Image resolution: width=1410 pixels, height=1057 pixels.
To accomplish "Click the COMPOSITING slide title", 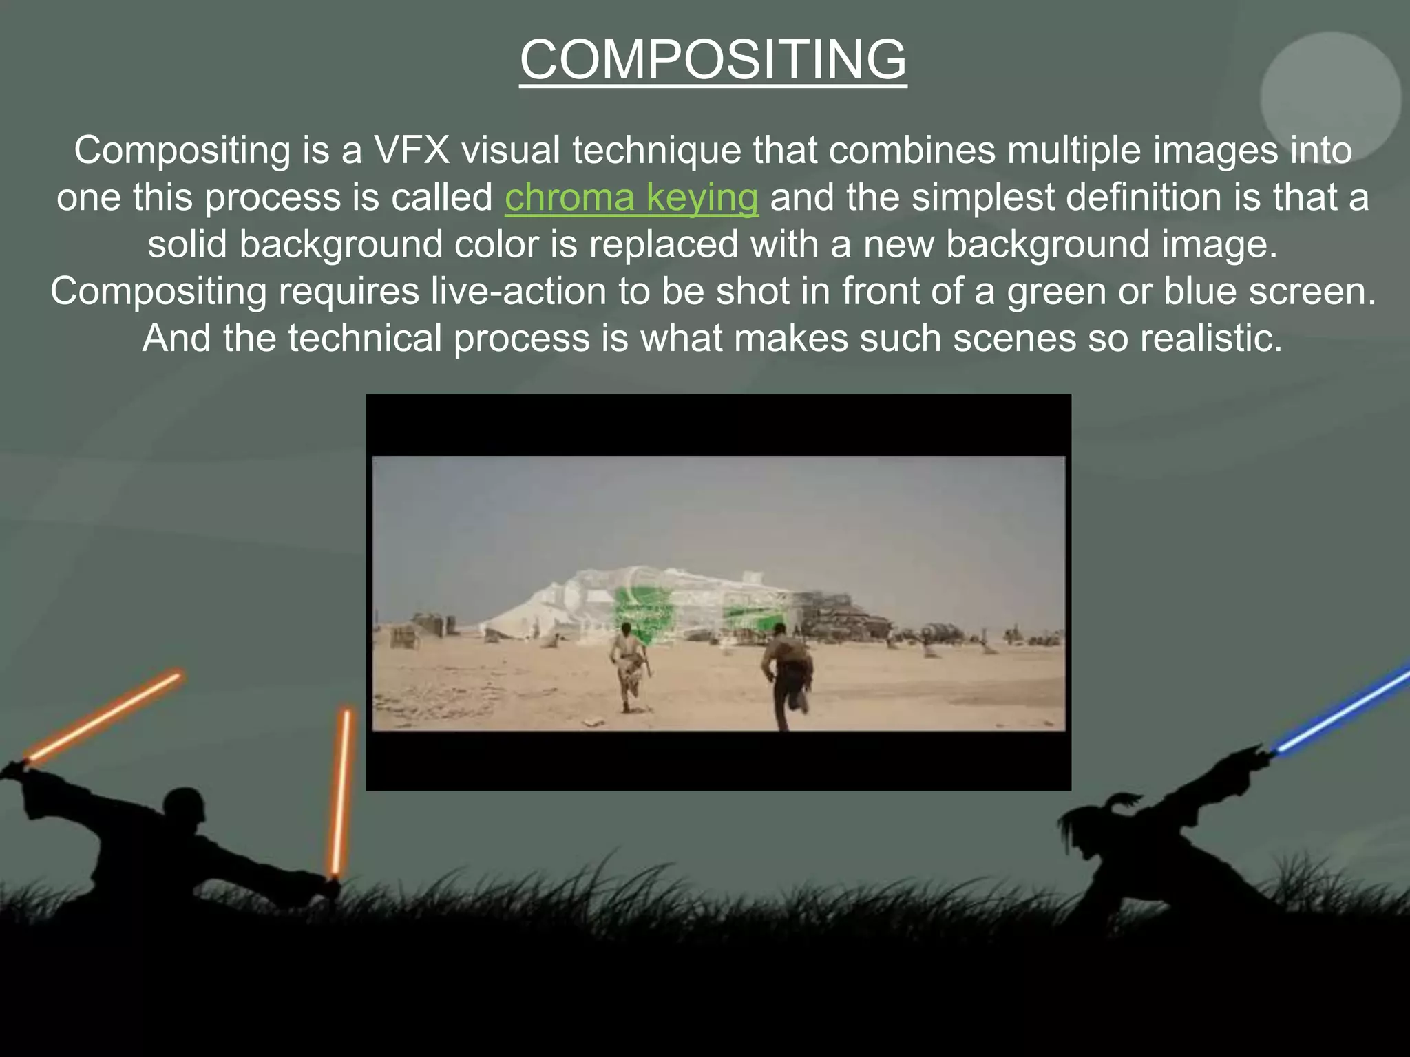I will click(x=713, y=60).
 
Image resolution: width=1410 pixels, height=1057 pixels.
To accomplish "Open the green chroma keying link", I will click(x=631, y=197).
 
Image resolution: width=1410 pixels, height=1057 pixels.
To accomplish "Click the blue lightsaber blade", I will click(x=1343, y=709).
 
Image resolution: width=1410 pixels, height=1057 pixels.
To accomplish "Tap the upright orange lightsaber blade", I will click(x=341, y=791).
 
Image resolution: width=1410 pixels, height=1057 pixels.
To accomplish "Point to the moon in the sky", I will click(x=1330, y=98).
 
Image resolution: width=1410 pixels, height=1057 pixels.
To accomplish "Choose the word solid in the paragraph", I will click(x=187, y=244).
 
